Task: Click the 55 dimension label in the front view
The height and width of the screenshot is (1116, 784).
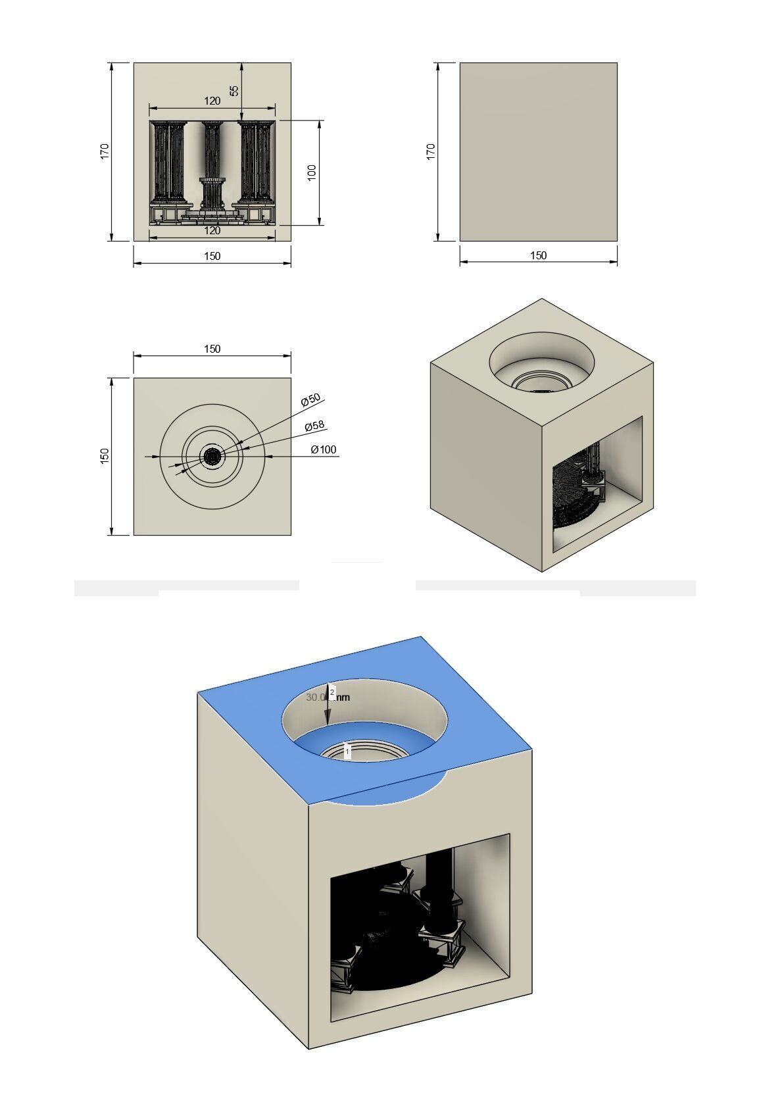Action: (x=234, y=90)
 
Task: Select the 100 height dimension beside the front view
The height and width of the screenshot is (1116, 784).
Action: (x=312, y=172)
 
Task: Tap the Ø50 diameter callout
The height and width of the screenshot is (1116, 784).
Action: (x=310, y=399)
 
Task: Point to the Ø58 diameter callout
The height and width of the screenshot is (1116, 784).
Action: (x=315, y=426)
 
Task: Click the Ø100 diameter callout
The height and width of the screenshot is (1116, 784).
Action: (x=323, y=449)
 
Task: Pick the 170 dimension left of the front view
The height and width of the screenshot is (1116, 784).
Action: (x=105, y=151)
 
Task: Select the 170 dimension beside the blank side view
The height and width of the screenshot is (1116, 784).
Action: (x=431, y=151)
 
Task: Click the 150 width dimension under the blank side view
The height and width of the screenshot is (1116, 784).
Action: (x=538, y=256)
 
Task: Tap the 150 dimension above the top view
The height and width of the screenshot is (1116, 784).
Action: (x=212, y=349)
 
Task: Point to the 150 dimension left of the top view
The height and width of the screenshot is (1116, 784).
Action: (x=105, y=456)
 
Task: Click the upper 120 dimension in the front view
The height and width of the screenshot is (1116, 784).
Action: (x=212, y=101)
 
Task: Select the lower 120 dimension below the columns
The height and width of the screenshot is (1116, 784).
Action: (x=212, y=231)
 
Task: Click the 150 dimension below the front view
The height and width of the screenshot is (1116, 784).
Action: (x=212, y=256)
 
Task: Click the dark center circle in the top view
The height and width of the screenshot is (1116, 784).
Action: (x=212, y=456)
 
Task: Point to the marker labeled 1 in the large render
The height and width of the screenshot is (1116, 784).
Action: (x=347, y=751)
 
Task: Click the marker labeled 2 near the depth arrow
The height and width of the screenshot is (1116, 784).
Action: (x=332, y=692)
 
